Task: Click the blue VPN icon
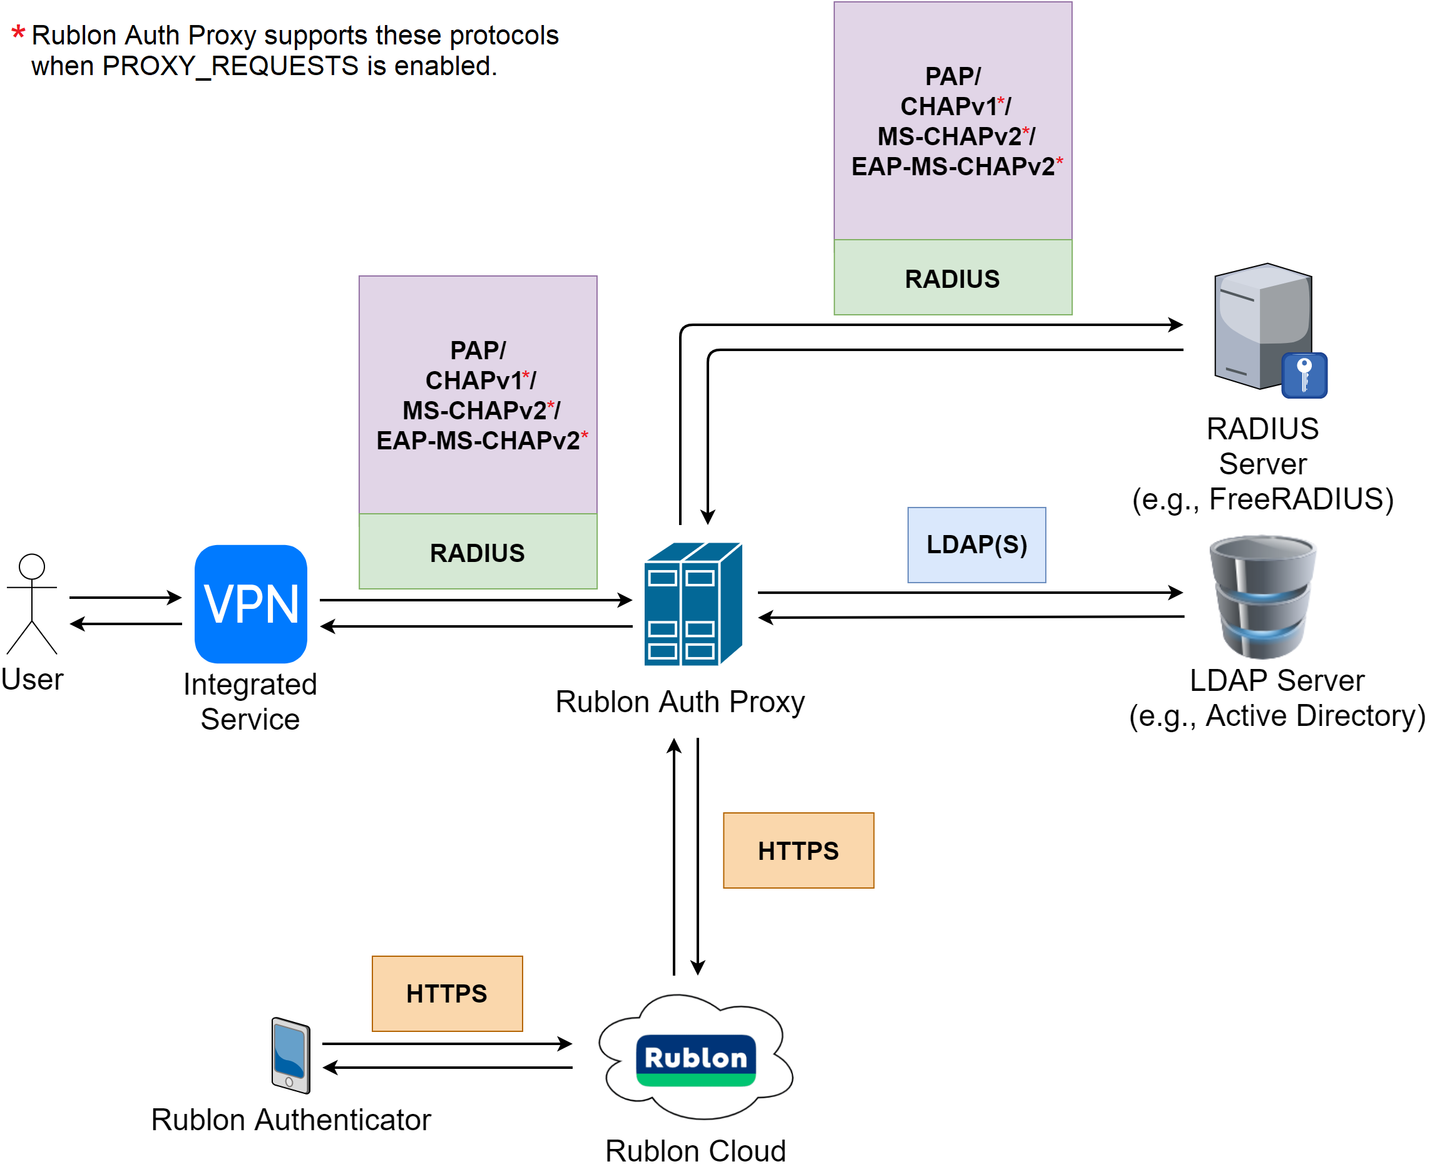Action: (x=250, y=604)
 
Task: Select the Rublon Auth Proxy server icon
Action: (x=693, y=604)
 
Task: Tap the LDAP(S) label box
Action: (x=976, y=545)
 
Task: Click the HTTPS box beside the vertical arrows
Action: (x=798, y=850)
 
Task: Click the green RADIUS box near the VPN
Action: (x=478, y=552)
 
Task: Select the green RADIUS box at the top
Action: (x=953, y=278)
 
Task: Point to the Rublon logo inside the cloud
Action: (x=696, y=1060)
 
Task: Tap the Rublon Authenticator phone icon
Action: (x=290, y=1055)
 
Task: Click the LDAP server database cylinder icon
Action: (x=1262, y=596)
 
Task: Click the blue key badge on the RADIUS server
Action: (x=1304, y=375)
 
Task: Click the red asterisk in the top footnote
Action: (x=19, y=34)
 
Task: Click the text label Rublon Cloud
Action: (x=695, y=1151)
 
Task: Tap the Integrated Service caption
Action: (x=250, y=702)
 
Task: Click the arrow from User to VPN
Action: (x=125, y=597)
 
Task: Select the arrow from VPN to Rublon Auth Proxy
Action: (x=476, y=600)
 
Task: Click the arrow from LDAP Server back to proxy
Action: (x=971, y=617)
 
